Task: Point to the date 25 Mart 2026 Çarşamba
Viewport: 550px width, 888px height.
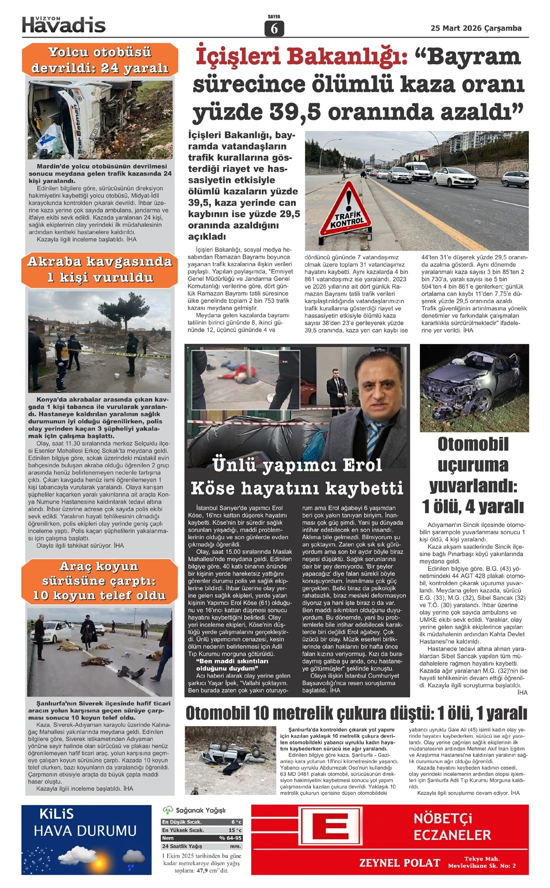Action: point(476,28)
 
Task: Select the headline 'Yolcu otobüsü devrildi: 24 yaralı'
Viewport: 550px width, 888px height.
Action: point(100,60)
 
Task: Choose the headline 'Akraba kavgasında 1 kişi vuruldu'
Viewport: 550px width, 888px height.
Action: point(99,269)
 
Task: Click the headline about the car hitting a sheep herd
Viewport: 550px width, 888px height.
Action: point(99,581)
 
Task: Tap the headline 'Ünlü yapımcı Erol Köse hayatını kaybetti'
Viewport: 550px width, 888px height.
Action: point(297,477)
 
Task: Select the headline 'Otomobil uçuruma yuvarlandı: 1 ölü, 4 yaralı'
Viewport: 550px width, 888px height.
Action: point(473,476)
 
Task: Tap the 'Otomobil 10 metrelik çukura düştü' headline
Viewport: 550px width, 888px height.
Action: point(356,713)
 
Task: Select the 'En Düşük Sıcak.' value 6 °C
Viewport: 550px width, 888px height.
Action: point(236,822)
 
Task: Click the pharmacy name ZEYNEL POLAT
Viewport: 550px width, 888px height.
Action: point(399,863)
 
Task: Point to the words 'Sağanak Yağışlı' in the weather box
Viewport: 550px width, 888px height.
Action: point(200,811)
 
